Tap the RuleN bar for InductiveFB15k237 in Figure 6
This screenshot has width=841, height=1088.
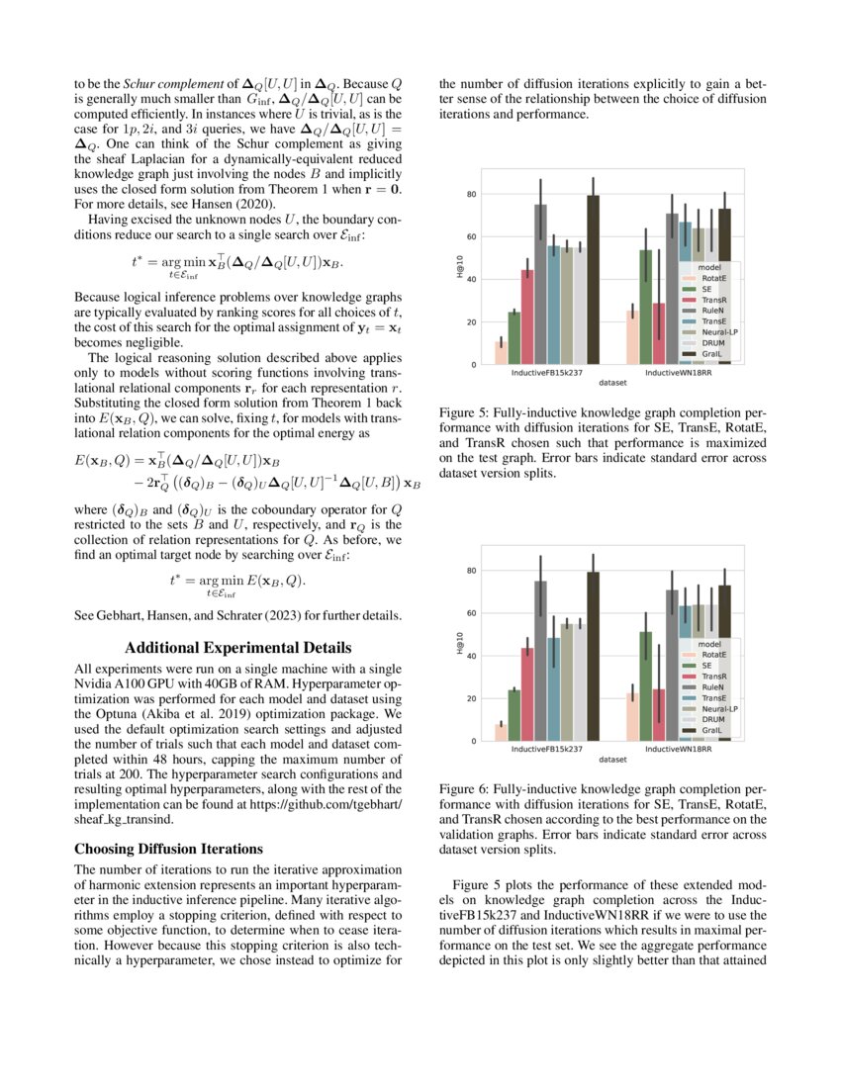[x=540, y=662]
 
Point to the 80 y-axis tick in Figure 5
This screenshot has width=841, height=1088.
[x=472, y=194]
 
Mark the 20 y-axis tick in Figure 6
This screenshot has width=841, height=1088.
[x=472, y=698]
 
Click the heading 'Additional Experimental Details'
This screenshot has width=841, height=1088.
[x=238, y=648]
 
